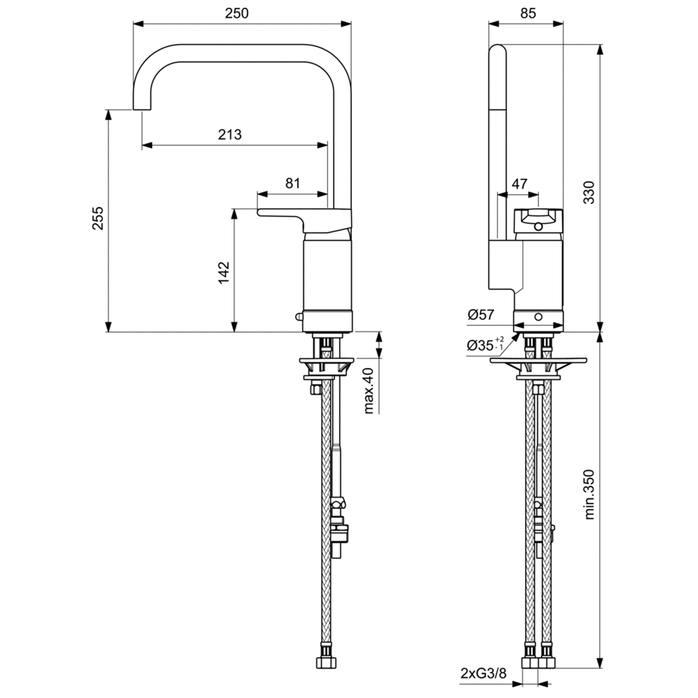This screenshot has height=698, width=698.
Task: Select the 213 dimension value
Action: click(230, 135)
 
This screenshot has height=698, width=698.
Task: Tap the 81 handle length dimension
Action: click(292, 183)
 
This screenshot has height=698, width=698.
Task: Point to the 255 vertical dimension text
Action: click(98, 219)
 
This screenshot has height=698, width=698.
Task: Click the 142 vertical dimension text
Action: click(223, 272)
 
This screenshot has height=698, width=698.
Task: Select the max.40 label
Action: click(368, 390)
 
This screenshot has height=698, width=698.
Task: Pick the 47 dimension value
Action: click(519, 183)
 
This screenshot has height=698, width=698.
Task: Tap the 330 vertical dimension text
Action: click(588, 192)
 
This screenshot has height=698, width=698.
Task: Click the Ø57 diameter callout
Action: click(481, 315)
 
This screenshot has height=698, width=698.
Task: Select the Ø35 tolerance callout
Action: click(485, 345)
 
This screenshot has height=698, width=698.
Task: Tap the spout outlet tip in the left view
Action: click(142, 109)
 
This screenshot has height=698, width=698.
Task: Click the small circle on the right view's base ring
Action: click(538, 317)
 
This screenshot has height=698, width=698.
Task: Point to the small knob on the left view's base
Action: click(299, 317)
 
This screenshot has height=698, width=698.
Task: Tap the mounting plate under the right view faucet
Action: click(538, 360)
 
